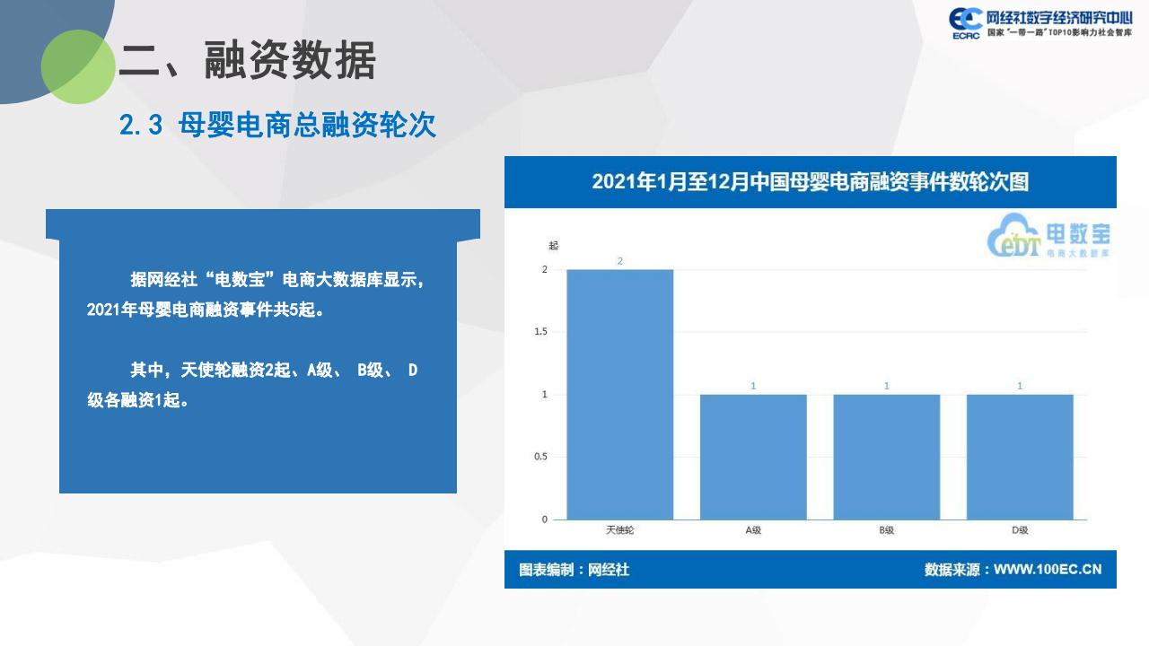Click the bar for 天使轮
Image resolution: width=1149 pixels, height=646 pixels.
(x=619, y=394)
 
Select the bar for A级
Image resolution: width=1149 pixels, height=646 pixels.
(x=753, y=457)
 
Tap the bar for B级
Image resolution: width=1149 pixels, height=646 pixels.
(x=886, y=457)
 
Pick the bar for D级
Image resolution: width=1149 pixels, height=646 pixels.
(x=1020, y=457)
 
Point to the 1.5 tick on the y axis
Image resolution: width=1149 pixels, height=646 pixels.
(x=540, y=332)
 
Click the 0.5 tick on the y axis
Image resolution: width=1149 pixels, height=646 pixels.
(x=540, y=457)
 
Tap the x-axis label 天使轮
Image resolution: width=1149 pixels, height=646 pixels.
(x=619, y=530)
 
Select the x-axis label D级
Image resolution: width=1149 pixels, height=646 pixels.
(x=1020, y=530)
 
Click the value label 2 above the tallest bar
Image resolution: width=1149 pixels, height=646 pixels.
(x=619, y=261)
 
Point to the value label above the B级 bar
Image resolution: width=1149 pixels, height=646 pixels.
(x=886, y=386)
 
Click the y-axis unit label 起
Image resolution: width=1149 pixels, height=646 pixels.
(x=553, y=246)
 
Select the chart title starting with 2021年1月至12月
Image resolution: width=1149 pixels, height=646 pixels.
(x=810, y=182)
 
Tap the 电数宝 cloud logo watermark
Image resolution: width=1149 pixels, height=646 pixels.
(x=1048, y=236)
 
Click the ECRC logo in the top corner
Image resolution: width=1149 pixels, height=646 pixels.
(x=965, y=23)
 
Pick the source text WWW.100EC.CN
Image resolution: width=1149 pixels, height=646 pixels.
(x=1047, y=570)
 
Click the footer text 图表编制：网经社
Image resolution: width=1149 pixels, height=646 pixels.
(x=574, y=570)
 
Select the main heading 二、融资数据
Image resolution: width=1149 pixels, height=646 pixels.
(x=247, y=61)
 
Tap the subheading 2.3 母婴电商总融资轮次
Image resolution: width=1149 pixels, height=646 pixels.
(x=277, y=125)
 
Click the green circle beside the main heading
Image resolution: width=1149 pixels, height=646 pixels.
(x=78, y=66)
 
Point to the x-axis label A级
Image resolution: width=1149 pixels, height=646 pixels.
(x=753, y=530)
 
